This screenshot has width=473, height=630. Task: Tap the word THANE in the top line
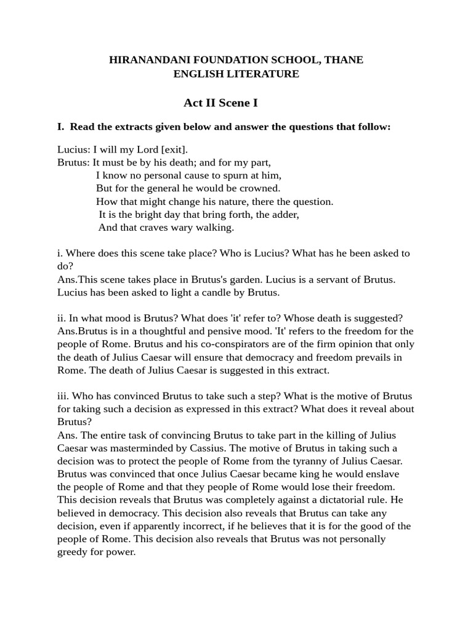[x=344, y=60]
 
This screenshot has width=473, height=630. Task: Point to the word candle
[x=228, y=292]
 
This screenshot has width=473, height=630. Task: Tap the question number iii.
[x=63, y=396]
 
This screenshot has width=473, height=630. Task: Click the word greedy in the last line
[x=74, y=551]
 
